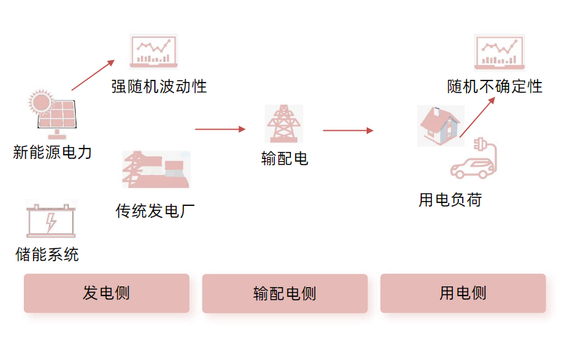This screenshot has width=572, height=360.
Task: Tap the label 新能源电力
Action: [53, 152]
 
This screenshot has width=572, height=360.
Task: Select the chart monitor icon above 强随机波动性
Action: [154, 51]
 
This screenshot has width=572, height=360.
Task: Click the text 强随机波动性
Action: [158, 87]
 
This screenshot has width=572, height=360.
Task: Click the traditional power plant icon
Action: [156, 169]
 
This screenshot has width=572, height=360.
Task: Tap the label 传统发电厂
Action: [155, 211]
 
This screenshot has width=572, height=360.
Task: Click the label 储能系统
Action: [47, 254]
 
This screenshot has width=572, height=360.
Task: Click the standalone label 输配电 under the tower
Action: [285, 158]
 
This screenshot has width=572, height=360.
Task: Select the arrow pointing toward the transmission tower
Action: [220, 129]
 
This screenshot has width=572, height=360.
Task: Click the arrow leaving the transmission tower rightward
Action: [348, 130]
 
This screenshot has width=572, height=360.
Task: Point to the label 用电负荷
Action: [450, 200]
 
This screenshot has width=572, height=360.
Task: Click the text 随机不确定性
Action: [495, 87]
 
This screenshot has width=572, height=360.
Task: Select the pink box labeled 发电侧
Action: [107, 293]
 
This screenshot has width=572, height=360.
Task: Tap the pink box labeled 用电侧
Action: [463, 293]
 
